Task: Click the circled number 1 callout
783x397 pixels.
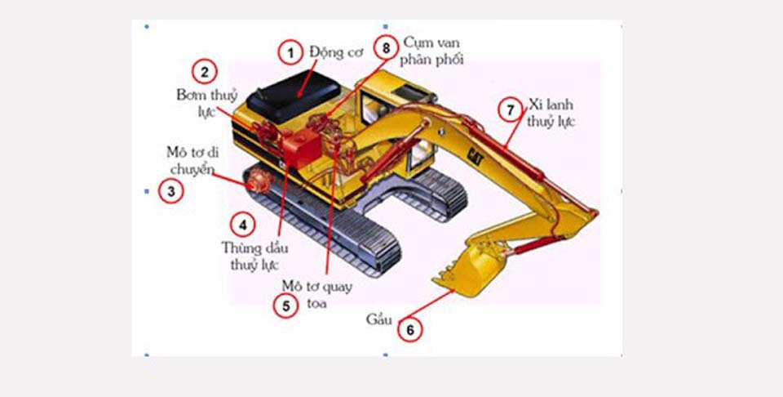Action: (289, 53)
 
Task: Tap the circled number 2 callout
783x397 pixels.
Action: (204, 72)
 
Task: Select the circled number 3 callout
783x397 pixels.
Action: (170, 192)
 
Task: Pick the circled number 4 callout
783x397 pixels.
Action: (241, 223)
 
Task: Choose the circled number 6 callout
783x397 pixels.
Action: (410, 329)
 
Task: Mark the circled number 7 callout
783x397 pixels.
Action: (511, 109)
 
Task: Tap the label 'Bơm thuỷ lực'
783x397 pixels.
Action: (205, 103)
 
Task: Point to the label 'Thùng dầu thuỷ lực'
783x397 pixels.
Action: (250, 255)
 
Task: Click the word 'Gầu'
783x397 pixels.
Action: (378, 319)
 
